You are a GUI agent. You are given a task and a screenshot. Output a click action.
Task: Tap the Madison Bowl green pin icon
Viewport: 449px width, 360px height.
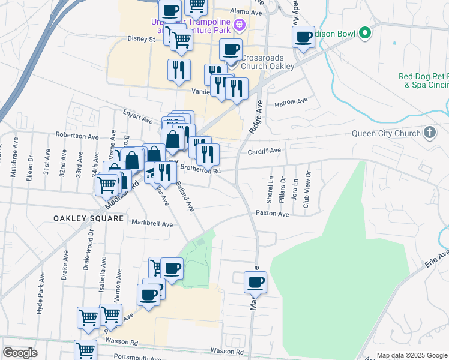[x=364, y=34]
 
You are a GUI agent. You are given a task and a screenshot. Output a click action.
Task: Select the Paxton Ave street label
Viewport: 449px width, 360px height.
[x=272, y=214]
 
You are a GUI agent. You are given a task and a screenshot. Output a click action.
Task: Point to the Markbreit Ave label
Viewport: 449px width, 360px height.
[x=152, y=224]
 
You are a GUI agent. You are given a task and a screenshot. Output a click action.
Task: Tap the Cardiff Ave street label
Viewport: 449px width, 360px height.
[x=265, y=151]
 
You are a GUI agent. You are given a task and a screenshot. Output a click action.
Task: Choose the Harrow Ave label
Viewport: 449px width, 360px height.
[x=291, y=103]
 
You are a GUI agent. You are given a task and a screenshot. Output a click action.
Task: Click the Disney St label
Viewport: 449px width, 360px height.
[x=141, y=40]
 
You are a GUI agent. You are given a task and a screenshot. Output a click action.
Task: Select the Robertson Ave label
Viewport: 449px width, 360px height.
[x=77, y=136]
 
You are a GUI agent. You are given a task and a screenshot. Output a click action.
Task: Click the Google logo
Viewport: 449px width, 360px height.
[x=20, y=352]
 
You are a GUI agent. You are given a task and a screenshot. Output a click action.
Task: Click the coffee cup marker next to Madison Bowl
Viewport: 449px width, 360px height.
[x=304, y=37]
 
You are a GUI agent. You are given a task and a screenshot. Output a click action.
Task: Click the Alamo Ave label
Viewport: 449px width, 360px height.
[x=247, y=12]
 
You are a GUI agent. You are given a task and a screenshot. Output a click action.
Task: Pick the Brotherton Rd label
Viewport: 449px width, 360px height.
[x=201, y=170]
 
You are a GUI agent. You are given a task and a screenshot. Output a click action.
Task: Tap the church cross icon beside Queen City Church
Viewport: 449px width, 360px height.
[x=430, y=132]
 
